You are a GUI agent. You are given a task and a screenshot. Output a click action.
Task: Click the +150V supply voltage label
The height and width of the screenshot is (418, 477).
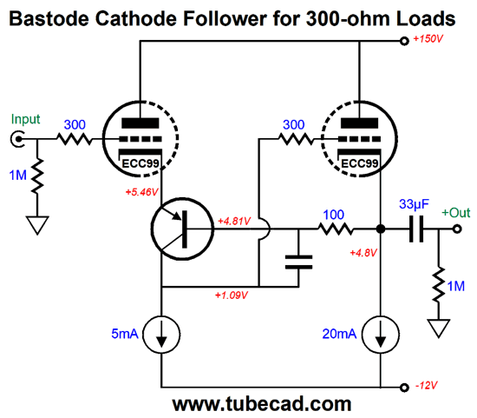point(428,39)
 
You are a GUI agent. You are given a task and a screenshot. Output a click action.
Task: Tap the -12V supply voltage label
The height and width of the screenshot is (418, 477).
point(427,386)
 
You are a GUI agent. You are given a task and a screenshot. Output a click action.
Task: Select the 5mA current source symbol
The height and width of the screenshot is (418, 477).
point(161,335)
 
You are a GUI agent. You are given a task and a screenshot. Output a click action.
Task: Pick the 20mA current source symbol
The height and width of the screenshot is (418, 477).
point(381,335)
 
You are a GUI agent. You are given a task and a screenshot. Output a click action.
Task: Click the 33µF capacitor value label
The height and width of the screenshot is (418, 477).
point(414,204)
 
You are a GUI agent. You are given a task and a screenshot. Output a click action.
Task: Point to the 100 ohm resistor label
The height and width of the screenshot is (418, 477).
point(333,215)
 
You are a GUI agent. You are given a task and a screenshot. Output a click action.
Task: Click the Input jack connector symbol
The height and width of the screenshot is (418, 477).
point(17,139)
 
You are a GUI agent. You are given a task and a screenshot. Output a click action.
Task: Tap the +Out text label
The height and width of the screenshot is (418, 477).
point(456,213)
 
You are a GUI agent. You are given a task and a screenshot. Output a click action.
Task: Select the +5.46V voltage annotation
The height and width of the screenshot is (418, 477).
point(141,192)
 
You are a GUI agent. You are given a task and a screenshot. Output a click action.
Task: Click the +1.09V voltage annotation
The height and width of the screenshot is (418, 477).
point(232,295)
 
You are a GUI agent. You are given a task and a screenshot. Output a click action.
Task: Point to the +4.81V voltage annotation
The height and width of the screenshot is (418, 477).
point(234,221)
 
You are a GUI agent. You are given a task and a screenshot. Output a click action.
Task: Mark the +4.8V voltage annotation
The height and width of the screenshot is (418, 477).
point(363,253)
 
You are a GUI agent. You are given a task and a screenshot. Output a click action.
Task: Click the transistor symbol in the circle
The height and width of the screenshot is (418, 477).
point(182,229)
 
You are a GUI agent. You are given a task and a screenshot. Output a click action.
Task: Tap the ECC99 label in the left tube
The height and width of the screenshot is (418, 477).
point(140,163)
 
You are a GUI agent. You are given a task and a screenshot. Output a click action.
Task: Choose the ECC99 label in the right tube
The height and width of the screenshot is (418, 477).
point(360,163)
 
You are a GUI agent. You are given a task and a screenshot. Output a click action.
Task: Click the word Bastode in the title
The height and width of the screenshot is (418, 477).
point(49,18)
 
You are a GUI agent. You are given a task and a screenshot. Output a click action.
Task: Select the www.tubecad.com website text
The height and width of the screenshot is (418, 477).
point(262,405)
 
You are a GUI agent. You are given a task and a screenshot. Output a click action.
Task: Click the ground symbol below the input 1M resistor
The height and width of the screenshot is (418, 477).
point(37,225)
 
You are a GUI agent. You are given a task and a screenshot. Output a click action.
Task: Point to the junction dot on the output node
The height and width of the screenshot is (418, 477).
point(381,229)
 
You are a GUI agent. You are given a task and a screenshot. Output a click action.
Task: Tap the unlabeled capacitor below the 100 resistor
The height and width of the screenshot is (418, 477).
point(298,262)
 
